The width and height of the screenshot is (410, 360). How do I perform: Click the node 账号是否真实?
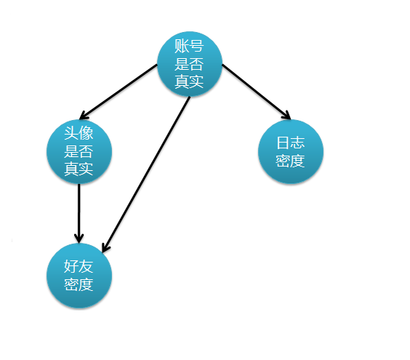point(190,64)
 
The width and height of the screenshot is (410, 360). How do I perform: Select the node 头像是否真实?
point(79,151)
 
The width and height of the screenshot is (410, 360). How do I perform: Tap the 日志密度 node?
point(291,151)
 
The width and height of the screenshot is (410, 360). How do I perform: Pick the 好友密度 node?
point(79,276)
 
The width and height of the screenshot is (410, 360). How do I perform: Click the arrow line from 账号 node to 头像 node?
point(118,92)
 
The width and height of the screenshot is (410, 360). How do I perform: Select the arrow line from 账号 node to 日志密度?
point(256,92)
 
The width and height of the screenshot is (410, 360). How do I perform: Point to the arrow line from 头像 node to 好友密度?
point(79,214)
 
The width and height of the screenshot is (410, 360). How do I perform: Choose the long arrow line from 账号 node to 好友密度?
point(146,175)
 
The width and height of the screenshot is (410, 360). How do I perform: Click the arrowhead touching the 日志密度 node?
point(287,116)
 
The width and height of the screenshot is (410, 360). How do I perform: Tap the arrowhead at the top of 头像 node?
point(84,116)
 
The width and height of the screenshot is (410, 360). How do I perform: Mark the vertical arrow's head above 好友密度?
point(79,238)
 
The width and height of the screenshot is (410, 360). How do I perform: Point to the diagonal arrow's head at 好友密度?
point(105,247)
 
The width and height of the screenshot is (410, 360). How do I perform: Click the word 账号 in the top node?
point(189,46)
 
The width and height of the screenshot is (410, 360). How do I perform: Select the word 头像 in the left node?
point(79,133)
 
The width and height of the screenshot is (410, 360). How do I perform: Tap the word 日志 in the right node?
point(291,143)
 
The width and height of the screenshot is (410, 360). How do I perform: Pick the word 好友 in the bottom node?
point(79,267)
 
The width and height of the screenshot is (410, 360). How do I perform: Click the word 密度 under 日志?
point(290,161)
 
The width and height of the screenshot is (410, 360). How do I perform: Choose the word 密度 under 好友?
point(79,284)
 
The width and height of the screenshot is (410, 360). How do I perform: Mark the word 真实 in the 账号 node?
point(189,81)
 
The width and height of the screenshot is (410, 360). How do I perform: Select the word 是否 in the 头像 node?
point(79,151)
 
